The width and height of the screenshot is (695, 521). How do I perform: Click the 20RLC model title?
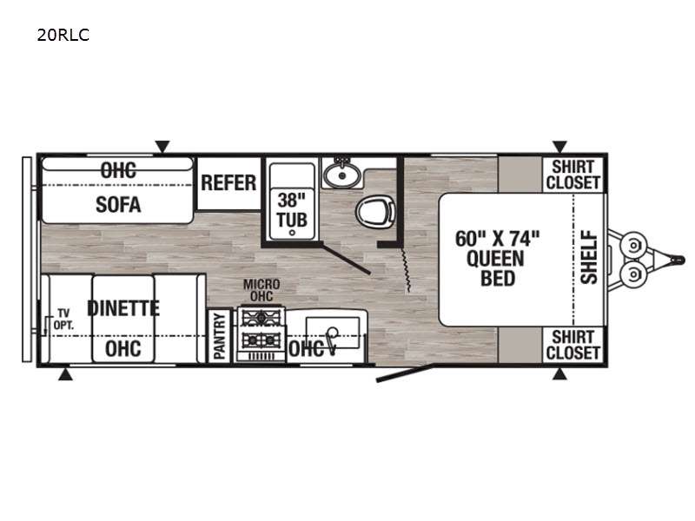tap(63, 35)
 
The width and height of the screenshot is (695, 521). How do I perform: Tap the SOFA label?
tap(118, 204)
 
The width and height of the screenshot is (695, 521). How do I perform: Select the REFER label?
tap(228, 182)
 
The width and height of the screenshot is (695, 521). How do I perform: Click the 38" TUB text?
tap(292, 210)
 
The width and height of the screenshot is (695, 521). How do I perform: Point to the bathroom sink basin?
tap(341, 175)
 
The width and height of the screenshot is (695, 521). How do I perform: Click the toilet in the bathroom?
tap(376, 212)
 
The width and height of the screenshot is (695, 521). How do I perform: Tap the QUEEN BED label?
tap(496, 268)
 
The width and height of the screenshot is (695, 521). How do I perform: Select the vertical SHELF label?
tap(589, 256)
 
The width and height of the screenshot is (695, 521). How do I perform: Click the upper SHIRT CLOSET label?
tap(573, 175)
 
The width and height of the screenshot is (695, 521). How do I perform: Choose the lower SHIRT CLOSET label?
tap(573, 345)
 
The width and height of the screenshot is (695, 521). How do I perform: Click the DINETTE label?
tap(123, 308)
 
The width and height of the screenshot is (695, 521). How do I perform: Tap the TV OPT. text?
tap(63, 320)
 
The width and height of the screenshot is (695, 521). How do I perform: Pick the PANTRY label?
tap(220, 335)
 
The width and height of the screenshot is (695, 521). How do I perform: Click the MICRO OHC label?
tap(261, 290)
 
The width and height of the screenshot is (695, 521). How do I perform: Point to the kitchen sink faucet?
tap(331, 338)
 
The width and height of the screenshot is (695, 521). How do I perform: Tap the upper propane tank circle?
tap(634, 245)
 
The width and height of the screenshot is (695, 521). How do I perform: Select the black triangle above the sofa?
tap(162, 147)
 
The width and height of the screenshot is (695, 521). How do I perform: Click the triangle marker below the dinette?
tap(66, 374)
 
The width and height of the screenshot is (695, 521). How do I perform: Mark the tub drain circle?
tap(292, 233)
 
